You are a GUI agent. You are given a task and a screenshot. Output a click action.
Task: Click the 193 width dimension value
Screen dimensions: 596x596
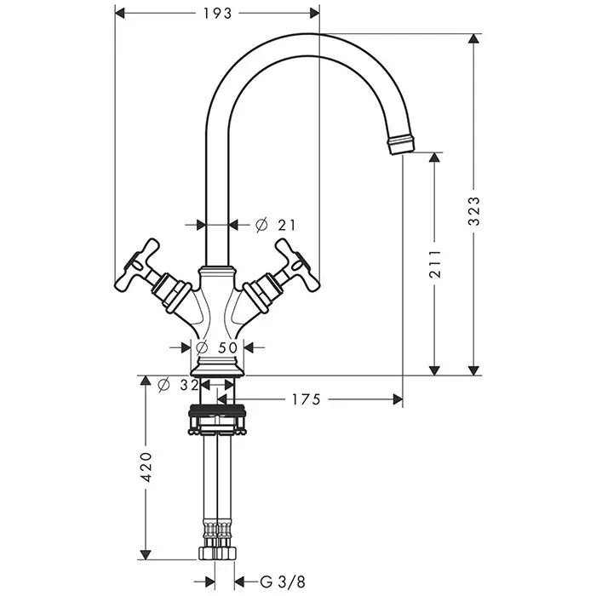217,14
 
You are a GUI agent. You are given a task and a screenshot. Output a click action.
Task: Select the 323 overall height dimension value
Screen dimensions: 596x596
474,211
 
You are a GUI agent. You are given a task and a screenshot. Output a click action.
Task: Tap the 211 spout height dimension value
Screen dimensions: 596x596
435,264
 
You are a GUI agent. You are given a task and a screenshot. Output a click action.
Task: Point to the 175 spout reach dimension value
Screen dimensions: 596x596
307,399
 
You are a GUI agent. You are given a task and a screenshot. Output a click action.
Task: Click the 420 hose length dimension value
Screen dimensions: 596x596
146,467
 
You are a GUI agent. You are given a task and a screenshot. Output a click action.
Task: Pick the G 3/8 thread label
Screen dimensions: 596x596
283,582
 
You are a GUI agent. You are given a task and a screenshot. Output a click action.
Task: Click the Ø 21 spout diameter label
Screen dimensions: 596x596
276,225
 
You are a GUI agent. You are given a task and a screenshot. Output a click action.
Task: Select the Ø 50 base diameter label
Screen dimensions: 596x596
216,347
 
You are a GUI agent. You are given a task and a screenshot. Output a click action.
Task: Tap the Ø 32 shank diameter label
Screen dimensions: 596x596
179,385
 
